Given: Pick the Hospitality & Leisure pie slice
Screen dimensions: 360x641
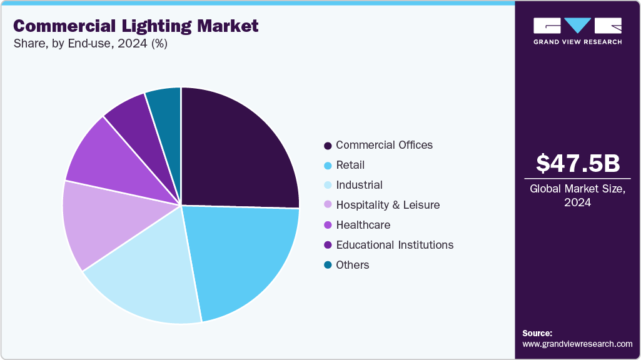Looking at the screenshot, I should tap(97, 225).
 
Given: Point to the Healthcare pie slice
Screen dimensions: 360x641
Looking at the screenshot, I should tap(103, 162).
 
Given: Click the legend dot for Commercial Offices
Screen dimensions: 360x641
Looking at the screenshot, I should tap(328, 146).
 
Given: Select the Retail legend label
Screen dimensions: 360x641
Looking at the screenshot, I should tap(350, 165).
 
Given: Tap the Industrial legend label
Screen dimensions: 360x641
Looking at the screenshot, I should tap(359, 185).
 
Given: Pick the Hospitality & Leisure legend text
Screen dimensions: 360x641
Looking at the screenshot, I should tap(388, 205).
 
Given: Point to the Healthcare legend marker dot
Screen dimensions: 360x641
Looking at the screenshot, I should tap(328, 226).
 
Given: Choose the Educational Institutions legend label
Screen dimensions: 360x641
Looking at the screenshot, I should tap(395, 245).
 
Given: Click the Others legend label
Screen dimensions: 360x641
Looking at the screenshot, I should tap(353, 265).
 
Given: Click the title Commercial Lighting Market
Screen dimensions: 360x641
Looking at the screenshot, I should tap(136, 26).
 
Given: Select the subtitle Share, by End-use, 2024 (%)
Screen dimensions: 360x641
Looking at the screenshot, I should tap(90, 44).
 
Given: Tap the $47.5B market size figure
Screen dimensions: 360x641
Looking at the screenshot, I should tap(578, 163).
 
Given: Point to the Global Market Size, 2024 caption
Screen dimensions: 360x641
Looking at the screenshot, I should tap(578, 196).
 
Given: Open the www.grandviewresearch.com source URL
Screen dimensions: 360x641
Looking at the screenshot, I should tap(577, 344).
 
